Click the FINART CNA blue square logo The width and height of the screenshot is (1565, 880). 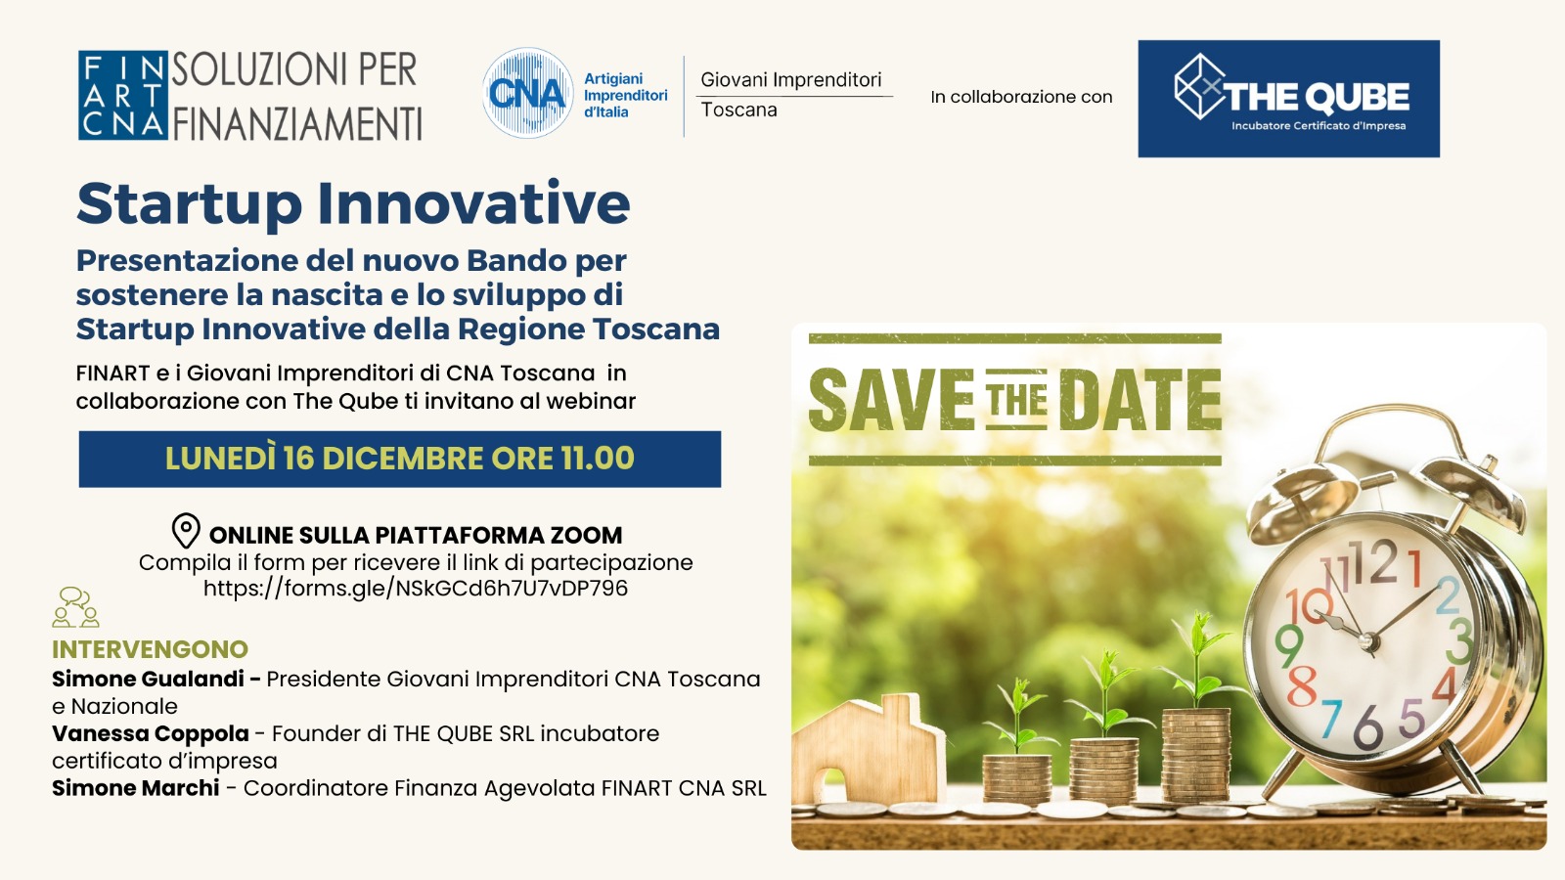tap(123, 95)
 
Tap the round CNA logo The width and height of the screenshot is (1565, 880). tap(527, 93)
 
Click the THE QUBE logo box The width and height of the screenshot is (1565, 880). tap(1288, 99)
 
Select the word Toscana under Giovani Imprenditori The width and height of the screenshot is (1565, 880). tap(738, 110)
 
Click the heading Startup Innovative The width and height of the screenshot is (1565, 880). tap(353, 204)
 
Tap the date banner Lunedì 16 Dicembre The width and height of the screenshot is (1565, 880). tap(400, 459)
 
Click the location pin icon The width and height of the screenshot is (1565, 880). tap(186, 532)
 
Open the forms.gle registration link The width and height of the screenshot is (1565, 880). tap(416, 588)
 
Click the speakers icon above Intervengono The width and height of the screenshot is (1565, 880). tap(75, 607)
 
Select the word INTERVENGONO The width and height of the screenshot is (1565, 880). tap(151, 649)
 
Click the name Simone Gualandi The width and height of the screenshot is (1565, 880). tap(148, 679)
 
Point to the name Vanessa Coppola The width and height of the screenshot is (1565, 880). tap(151, 733)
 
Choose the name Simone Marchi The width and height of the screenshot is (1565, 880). tap(136, 788)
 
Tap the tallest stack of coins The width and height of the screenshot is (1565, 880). tap(1196, 754)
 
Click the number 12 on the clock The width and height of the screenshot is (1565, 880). tap(1373, 563)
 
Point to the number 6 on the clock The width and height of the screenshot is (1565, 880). tap(1368, 727)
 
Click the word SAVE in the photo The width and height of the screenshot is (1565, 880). tap(891, 400)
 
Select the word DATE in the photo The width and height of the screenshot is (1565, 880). tap(1140, 400)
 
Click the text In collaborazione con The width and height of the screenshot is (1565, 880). tap(1021, 97)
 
